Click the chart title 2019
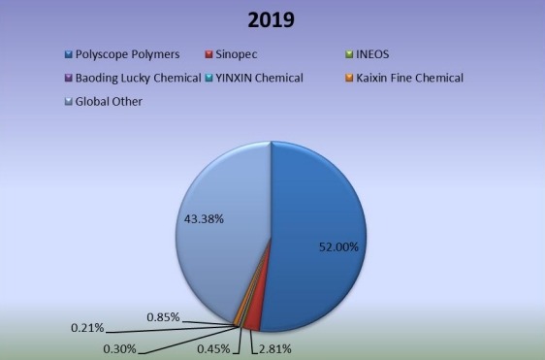coord(272,20)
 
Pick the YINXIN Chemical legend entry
coord(256,77)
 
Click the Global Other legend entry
coord(108,100)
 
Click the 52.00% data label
coord(338,247)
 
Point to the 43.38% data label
coord(204,219)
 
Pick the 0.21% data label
coord(88,328)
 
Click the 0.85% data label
coord(162,316)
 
